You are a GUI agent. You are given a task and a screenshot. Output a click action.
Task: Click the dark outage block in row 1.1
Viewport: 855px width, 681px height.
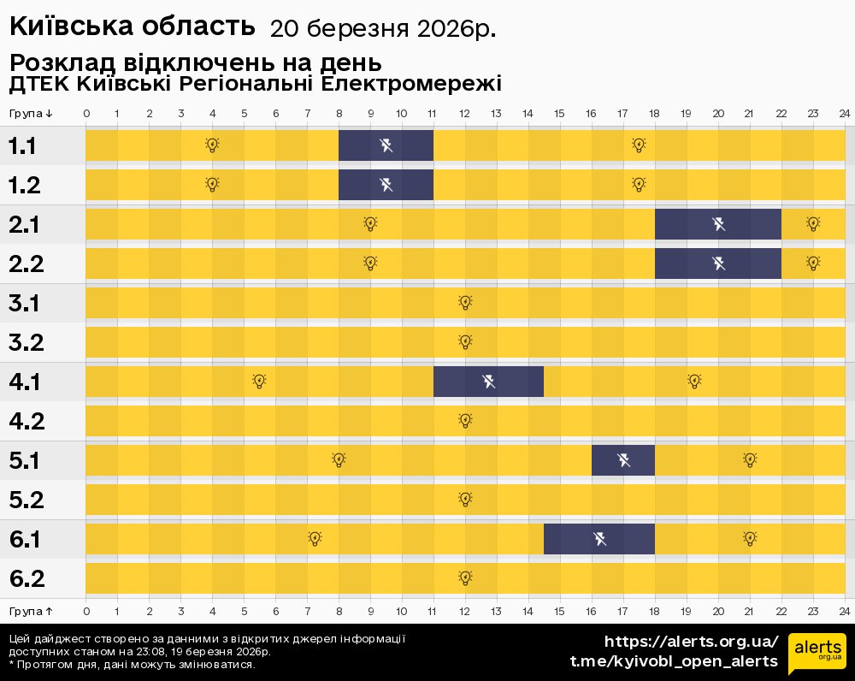click(386, 145)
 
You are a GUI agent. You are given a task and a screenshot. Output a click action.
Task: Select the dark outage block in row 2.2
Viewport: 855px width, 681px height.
click(718, 264)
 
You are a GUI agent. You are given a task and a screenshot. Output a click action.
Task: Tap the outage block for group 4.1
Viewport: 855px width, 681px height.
click(488, 382)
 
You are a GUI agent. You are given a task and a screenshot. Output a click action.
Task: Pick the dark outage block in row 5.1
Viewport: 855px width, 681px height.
click(623, 460)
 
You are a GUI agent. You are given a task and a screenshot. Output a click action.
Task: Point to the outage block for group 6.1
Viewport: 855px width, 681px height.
click(599, 539)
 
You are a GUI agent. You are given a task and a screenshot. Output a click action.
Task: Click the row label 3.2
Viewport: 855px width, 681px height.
click(27, 342)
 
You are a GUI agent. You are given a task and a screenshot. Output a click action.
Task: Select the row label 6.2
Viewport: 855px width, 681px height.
click(27, 578)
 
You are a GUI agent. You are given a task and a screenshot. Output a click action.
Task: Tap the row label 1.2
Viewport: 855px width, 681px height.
click(25, 185)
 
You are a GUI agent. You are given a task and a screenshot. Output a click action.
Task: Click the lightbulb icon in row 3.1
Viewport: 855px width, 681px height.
click(465, 302)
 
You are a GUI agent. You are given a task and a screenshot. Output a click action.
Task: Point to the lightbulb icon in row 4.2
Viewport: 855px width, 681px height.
click(465, 420)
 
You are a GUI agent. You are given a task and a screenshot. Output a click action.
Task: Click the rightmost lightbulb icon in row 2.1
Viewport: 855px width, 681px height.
click(813, 223)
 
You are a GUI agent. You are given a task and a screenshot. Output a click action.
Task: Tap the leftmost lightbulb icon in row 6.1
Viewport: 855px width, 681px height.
click(315, 538)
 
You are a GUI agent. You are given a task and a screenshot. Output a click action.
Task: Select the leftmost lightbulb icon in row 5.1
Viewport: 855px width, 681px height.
click(339, 459)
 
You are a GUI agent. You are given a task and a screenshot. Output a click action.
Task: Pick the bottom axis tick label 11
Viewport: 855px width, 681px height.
click(433, 612)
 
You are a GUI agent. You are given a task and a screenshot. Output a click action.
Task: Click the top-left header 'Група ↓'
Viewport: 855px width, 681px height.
click(31, 114)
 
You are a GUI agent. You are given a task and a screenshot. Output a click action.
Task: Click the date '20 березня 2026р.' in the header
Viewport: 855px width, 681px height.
click(382, 29)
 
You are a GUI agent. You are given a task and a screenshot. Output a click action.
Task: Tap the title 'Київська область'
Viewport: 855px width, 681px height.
click(133, 27)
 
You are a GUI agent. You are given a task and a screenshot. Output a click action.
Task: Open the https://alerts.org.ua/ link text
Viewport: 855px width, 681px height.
click(691, 642)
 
